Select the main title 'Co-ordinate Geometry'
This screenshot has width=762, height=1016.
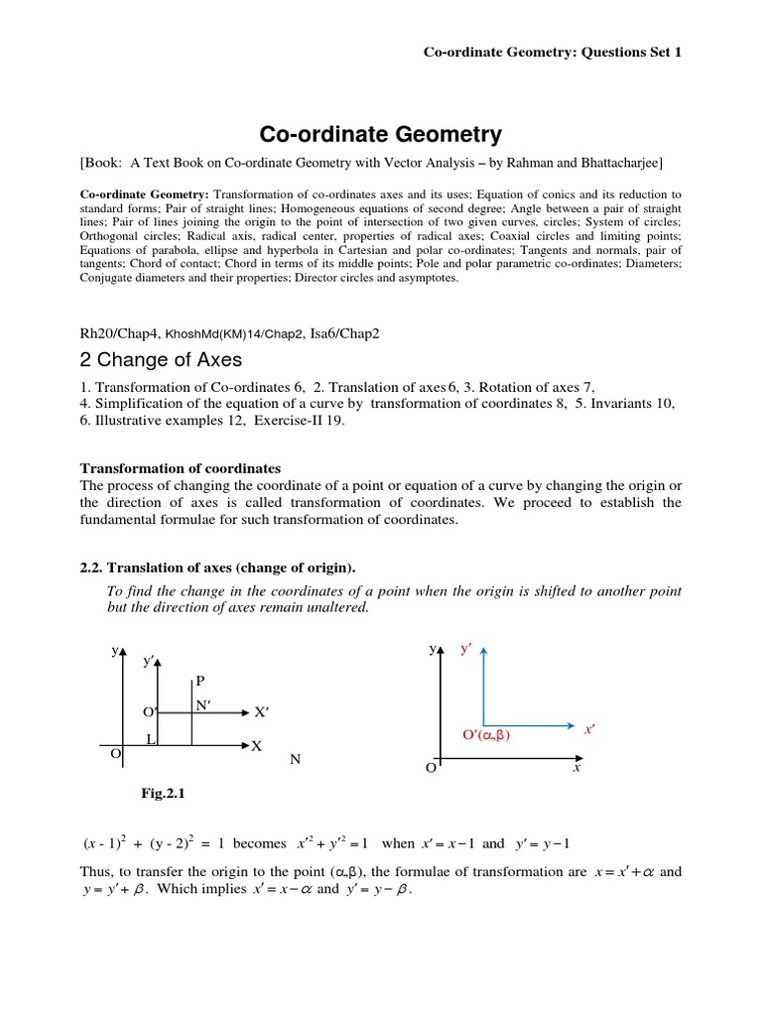point(381,134)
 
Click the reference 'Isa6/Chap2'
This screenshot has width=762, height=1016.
point(343,333)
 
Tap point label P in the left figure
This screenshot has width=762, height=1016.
point(200,681)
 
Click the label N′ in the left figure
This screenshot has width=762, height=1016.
point(204,704)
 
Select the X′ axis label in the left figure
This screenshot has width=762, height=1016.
point(262,712)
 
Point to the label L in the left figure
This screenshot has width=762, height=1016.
point(150,739)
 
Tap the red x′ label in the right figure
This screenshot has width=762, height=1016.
point(588,728)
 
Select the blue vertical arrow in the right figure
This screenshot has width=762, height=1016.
point(483,685)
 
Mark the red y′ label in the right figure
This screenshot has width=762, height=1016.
point(465,649)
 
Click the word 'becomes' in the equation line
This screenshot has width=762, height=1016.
point(259,843)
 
